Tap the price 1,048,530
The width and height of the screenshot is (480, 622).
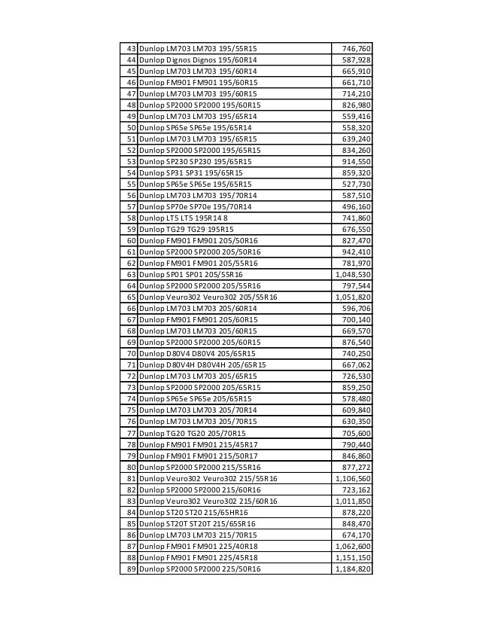pos(353,275)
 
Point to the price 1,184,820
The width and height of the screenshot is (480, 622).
pos(353,569)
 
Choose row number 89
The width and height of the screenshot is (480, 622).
pos(131,569)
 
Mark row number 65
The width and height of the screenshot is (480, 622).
pos(131,297)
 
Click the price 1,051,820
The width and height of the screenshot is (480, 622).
pos(353,297)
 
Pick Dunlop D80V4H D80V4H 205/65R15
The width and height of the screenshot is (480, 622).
pos(202,365)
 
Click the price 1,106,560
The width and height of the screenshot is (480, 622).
pos(353,478)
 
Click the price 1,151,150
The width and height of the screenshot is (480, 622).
pos(353,557)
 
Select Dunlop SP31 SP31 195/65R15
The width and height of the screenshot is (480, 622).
pos(191,173)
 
